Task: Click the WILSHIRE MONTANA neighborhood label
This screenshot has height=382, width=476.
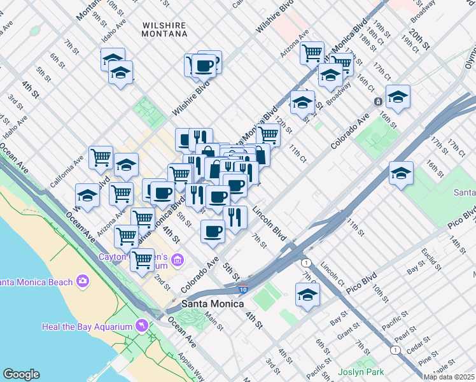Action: [164, 29]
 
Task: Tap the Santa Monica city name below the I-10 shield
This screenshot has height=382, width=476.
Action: [213, 304]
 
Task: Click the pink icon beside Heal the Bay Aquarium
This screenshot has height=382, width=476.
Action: [141, 327]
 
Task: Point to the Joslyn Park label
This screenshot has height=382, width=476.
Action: [361, 372]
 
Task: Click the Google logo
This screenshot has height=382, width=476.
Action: [21, 374]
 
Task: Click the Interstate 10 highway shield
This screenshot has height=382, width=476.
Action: [243, 290]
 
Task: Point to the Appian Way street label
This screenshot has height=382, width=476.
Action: [190, 367]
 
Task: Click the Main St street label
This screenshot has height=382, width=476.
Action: [214, 323]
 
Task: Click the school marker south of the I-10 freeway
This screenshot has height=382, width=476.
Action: [307, 295]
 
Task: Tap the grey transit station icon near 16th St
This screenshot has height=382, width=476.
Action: [377, 101]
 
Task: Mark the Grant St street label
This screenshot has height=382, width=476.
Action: [349, 332]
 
